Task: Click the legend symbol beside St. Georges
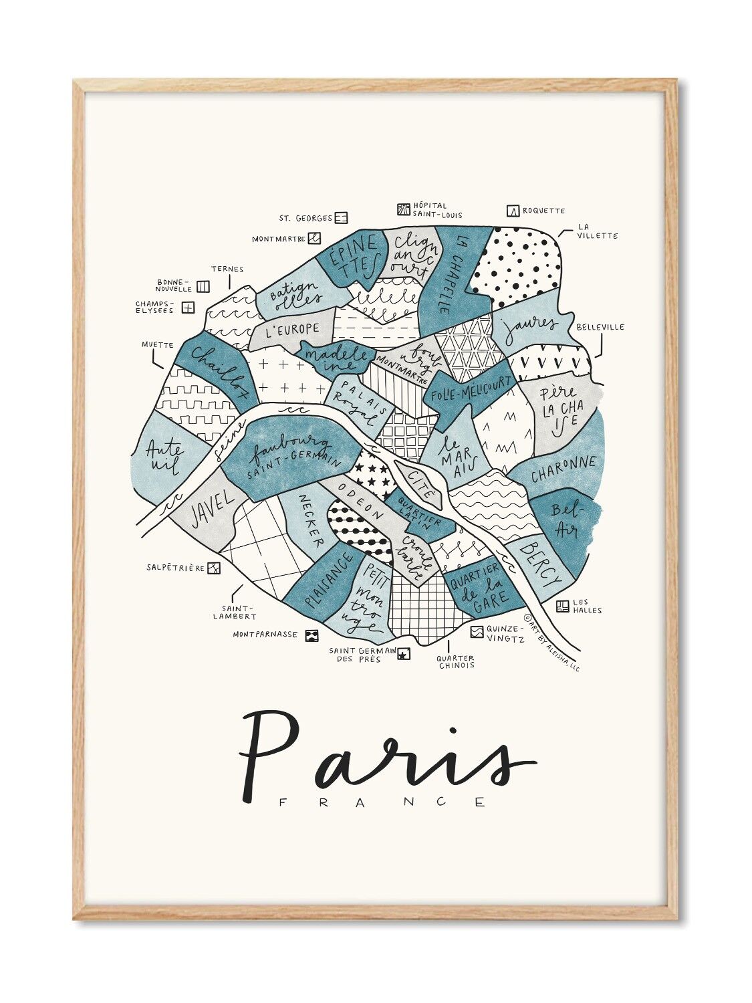(x=341, y=217)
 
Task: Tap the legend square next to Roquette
(x=513, y=211)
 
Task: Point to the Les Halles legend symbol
(x=562, y=606)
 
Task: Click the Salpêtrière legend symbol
(x=213, y=568)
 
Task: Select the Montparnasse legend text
(x=265, y=634)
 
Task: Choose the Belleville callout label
(x=600, y=327)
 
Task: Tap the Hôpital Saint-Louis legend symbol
(x=403, y=209)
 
